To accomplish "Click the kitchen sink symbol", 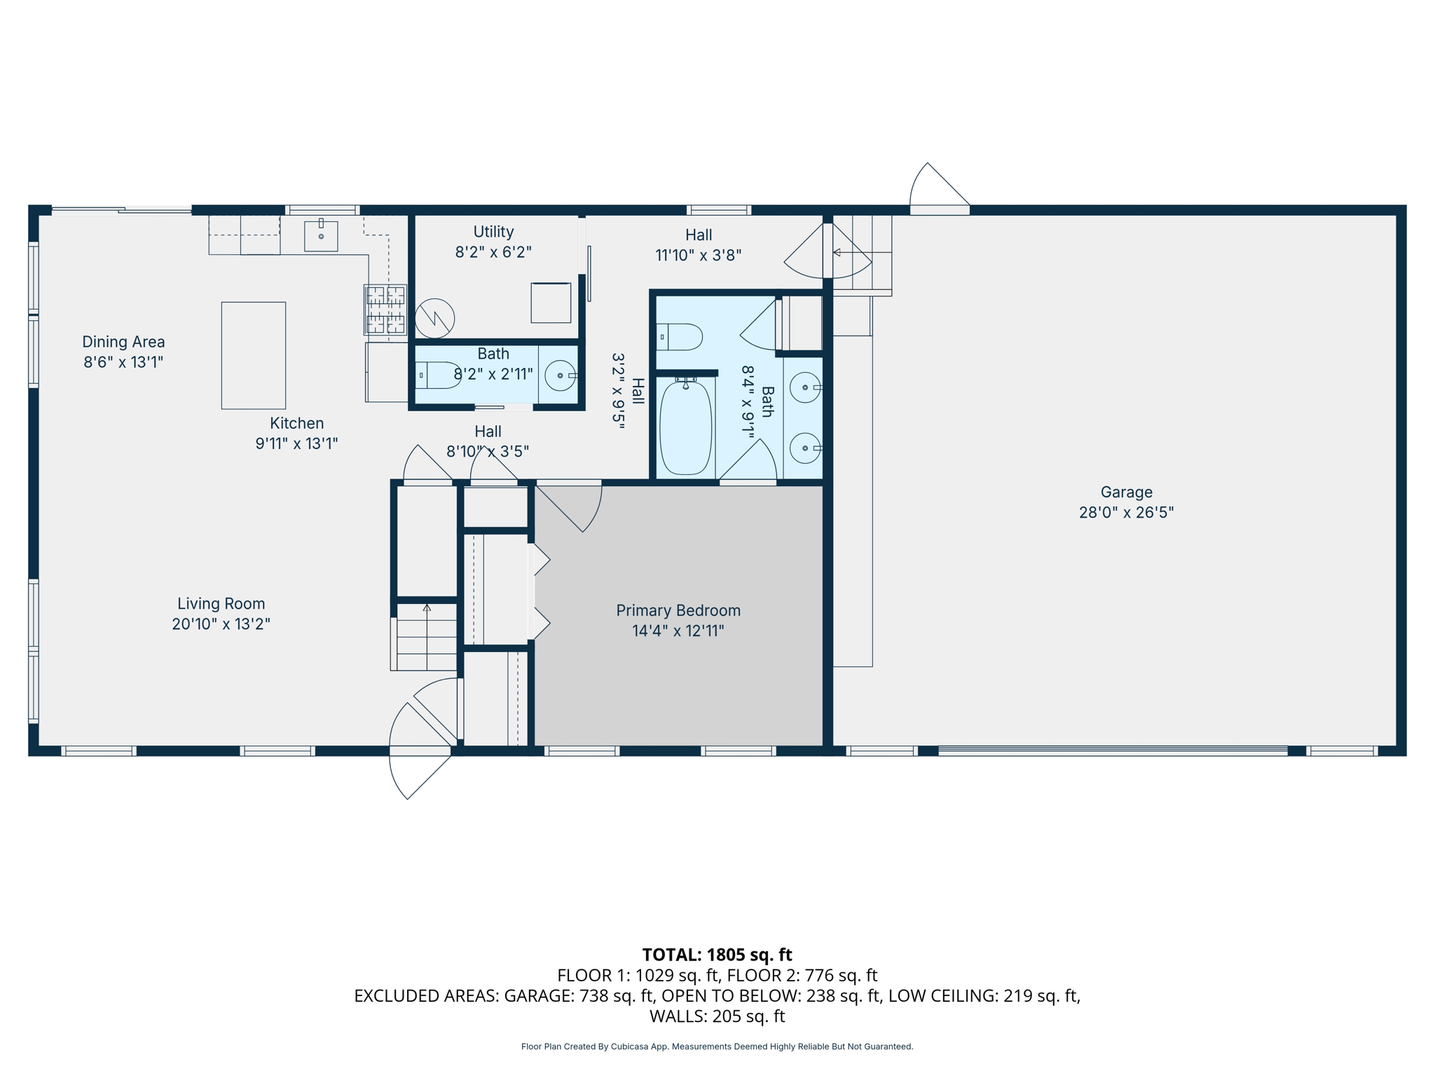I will [321, 236].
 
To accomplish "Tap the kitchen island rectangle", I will [253, 355].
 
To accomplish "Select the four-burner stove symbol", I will [385, 310].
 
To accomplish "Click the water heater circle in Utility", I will [434, 318].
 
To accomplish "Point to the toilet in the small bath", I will [436, 375].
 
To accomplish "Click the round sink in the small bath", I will [560, 375].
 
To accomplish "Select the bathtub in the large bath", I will [685, 427].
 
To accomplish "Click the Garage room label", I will [1125, 492].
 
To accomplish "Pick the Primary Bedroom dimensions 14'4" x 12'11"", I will [678, 630].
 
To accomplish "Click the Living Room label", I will [221, 604].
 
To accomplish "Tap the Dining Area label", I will [123, 342].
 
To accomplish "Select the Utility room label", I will [493, 232].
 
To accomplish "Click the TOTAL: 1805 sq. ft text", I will [717, 955].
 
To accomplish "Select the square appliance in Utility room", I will [551, 303].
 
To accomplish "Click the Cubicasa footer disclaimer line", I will [717, 1047].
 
